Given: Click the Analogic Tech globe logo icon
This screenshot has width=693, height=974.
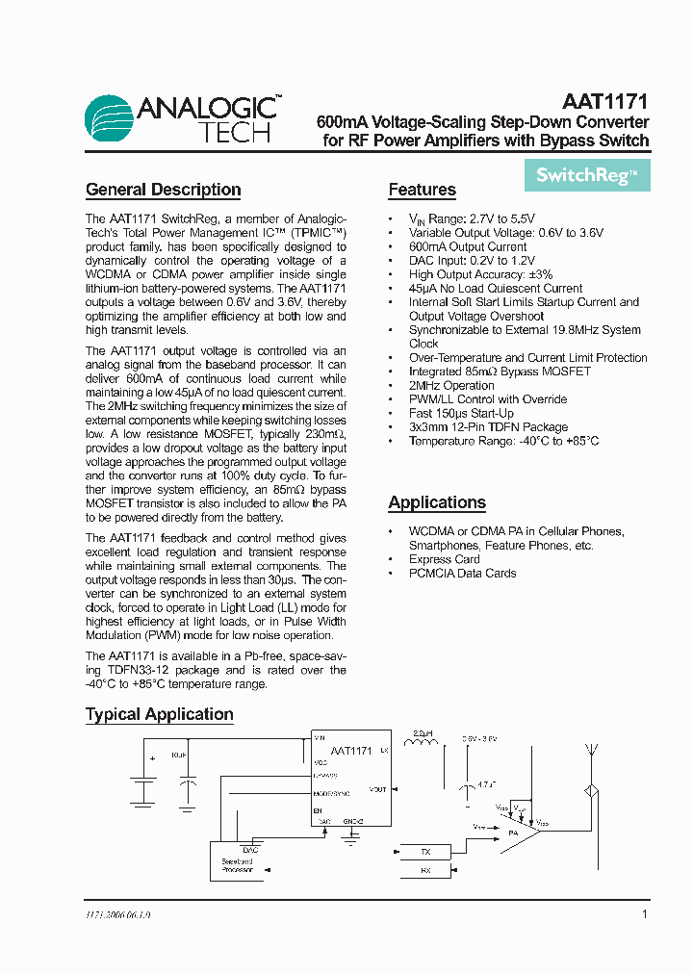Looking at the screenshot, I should (110, 119).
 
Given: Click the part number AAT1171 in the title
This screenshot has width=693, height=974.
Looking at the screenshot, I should (604, 101).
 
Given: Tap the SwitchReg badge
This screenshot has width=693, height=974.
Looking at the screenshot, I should (586, 175).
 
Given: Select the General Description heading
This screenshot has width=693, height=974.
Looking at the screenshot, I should (163, 190).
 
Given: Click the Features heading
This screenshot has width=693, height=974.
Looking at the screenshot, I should (422, 190).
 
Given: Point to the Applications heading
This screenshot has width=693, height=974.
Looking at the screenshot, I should (437, 502).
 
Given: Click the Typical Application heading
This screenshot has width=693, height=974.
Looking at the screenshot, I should (160, 714).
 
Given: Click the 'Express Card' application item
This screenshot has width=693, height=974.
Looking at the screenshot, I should (444, 559).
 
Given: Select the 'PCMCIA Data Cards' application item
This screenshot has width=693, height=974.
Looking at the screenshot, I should (462, 574).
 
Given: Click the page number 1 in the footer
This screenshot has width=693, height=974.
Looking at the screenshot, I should (644, 914).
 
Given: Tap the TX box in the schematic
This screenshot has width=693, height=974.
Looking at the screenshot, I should (426, 852).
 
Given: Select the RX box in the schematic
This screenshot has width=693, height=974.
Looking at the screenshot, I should (426, 870).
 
